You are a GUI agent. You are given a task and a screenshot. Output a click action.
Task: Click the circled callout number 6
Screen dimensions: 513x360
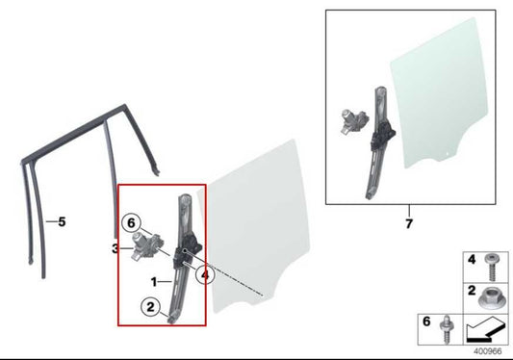(131, 223)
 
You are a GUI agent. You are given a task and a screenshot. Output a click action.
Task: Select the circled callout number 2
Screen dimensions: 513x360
(150, 307)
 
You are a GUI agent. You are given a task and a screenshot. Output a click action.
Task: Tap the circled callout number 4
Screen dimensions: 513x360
(205, 275)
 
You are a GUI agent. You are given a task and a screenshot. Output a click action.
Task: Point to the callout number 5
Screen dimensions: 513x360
(62, 222)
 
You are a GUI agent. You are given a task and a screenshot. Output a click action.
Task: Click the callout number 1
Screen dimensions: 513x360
(154, 281)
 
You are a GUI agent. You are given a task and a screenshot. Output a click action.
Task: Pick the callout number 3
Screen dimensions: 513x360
(115, 248)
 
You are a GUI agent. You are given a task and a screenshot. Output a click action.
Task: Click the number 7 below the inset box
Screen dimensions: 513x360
(409, 224)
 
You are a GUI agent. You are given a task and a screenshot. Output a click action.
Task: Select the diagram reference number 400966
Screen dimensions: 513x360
(487, 351)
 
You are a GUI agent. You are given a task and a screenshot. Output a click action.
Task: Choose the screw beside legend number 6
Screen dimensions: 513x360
(447, 329)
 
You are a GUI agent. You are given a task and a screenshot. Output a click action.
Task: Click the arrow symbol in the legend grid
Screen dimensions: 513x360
(485, 329)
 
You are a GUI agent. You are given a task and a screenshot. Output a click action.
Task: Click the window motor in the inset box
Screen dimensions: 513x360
(354, 121)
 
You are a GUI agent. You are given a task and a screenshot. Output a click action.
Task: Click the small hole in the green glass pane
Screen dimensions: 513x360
(449, 153)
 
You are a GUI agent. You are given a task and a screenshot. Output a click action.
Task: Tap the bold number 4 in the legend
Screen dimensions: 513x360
(472, 260)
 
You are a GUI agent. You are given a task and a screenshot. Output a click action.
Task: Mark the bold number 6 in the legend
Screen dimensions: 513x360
(426, 321)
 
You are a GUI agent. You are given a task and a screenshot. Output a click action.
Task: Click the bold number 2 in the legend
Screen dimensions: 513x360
(472, 291)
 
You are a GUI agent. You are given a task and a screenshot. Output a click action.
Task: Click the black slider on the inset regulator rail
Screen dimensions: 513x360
(382, 135)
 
